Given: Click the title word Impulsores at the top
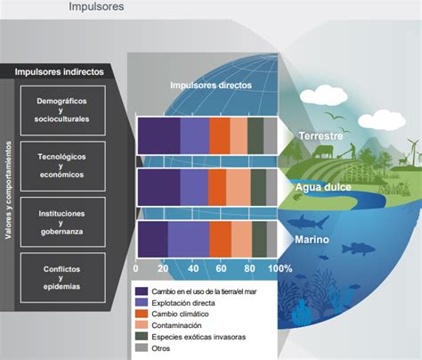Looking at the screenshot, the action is [x=96, y=6].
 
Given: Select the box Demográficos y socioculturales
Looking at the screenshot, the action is [x=63, y=110].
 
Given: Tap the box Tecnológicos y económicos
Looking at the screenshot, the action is [x=63, y=166].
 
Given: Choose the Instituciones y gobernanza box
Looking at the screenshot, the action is [x=63, y=222].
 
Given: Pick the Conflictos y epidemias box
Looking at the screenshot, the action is [x=63, y=277].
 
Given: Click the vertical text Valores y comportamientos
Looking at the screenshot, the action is [x=8, y=190].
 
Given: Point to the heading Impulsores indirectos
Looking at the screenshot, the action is [x=60, y=72].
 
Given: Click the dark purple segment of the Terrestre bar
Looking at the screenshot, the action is [x=159, y=135].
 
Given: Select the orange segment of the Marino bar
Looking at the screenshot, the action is [x=221, y=239].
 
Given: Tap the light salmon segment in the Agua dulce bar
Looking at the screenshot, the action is [x=239, y=187].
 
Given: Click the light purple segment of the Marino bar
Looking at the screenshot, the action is [x=189, y=239].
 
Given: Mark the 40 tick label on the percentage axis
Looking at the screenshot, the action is [x=193, y=268].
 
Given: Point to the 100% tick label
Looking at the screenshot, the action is [x=280, y=268].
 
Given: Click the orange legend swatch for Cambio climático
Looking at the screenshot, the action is [x=142, y=314].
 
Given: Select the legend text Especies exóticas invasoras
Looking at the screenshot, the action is [x=199, y=337].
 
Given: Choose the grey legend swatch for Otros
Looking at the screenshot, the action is [x=142, y=348].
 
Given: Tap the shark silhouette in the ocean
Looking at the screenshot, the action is [x=308, y=222].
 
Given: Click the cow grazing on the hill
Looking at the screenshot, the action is [x=322, y=151].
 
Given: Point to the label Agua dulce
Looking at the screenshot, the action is [x=323, y=187].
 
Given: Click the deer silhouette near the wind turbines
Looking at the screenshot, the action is [x=403, y=160].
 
